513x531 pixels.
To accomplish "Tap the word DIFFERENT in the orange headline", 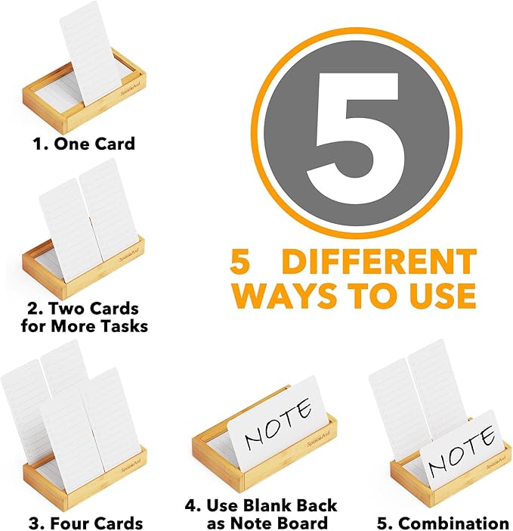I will pyautogui.click(x=379, y=262).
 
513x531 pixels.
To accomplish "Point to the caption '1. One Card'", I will pyautogui.click(x=84, y=143).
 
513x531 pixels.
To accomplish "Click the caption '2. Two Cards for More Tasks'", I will pyautogui.click(x=84, y=318).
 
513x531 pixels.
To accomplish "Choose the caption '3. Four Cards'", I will pyautogui.click(x=85, y=523).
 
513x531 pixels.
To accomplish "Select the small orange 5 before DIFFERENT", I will pyautogui.click(x=240, y=262).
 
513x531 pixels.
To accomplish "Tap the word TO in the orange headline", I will pyautogui.click(x=369, y=294).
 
